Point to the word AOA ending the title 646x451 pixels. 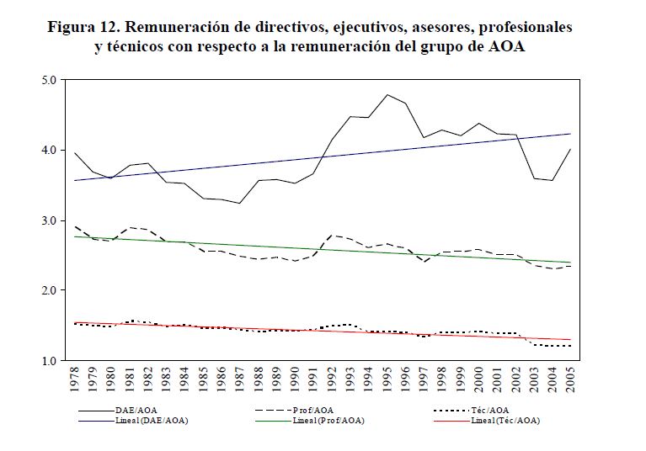click(506, 46)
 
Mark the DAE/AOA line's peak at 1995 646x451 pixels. click(388, 94)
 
